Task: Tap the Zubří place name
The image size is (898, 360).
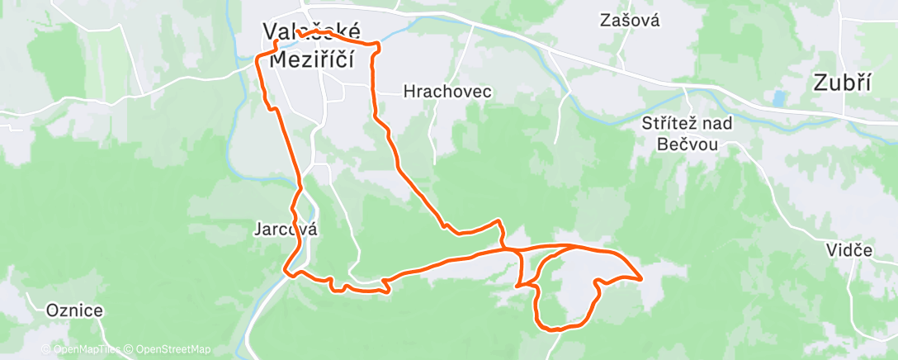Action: pos(844,82)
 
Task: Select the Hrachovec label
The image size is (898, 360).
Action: pos(447,92)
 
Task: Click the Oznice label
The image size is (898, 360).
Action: pos(74,310)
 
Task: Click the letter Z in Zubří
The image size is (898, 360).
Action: pos(820,82)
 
